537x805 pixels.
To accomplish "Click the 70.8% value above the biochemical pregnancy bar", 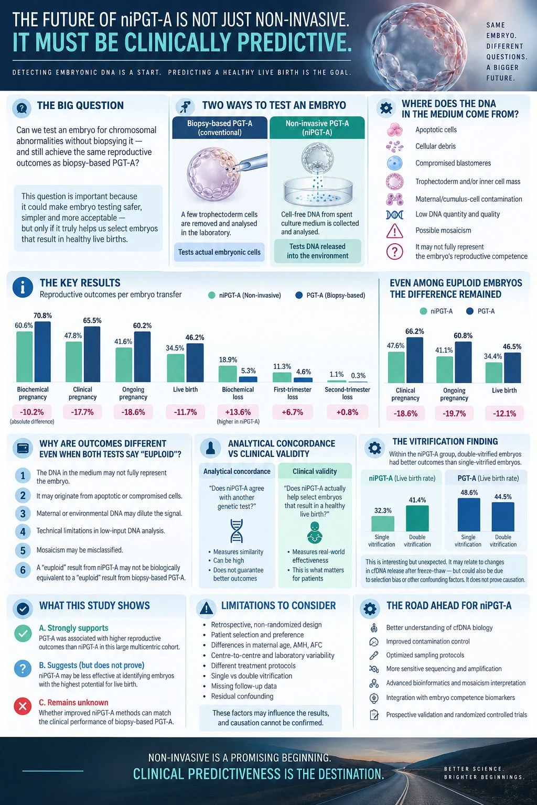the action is coord(43,316).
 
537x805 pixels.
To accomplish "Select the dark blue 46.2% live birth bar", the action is coord(195,363).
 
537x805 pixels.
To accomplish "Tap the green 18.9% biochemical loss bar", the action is coord(228,374).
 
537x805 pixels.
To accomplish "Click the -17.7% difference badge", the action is coord(82,412).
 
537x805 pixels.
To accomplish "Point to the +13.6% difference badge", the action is coord(238,412).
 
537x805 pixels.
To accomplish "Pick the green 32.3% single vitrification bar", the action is coord(383,524).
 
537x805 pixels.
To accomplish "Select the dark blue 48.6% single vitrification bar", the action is coord(469,515).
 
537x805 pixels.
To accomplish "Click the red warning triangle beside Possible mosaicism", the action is coord(394,231).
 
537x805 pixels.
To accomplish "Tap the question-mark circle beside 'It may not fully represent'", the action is coord(394,252).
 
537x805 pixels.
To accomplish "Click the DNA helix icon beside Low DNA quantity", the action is coord(394,215).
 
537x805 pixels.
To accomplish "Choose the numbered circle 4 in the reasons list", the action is coord(23,531).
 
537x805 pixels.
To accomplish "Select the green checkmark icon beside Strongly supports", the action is coord(23,634).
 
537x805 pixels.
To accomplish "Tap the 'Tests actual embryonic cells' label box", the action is coord(219,252).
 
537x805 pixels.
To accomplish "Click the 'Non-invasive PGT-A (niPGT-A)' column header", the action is coord(317,127).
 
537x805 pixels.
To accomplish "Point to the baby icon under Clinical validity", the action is coord(315,533).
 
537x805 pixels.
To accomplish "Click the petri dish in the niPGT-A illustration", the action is coord(318,192).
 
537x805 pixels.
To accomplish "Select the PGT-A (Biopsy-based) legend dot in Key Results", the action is coord(299,295).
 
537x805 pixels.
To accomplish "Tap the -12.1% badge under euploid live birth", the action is coord(504,414).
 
